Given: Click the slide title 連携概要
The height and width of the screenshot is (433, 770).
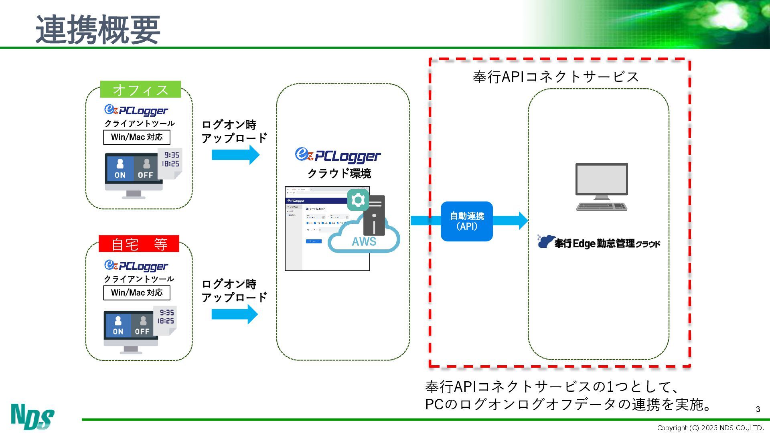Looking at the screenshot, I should point(98,30).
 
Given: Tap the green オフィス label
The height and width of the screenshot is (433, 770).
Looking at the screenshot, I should point(140,90).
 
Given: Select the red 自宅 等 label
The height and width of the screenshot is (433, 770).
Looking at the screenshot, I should point(139,244).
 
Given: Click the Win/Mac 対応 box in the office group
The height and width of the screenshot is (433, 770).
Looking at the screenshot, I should point(137,137).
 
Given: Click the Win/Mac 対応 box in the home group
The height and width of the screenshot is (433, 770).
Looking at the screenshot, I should point(137,293).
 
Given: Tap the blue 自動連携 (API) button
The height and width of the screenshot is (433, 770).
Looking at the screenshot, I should point(467,221).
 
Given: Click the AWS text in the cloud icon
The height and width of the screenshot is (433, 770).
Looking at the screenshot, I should point(364,242).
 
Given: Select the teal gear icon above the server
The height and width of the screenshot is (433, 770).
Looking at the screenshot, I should point(358,200).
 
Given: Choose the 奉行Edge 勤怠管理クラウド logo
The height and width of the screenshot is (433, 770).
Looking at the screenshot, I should point(598,242).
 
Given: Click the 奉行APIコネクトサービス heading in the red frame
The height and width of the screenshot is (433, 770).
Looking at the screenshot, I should point(555,77).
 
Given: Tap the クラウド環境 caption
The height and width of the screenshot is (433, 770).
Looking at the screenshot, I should point(339,174).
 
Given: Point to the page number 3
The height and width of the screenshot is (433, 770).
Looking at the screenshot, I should point(758,409).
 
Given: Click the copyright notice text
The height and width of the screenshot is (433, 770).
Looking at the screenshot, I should point(710,428).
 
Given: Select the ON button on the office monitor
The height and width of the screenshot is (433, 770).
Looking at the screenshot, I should point(120,169).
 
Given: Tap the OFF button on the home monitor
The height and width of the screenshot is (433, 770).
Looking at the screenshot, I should point(142,326).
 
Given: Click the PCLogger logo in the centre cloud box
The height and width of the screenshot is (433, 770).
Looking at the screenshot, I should point(338,156).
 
